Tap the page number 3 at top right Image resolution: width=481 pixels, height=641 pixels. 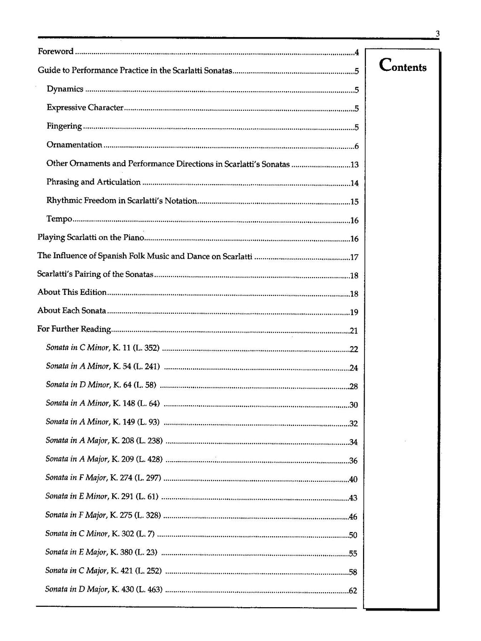pos(437,33)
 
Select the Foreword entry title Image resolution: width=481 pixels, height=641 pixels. pos(55,52)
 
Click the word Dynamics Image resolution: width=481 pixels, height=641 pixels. pos(65,89)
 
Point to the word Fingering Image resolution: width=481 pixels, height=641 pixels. pos(64,126)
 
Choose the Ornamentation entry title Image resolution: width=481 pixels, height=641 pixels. pos(74,145)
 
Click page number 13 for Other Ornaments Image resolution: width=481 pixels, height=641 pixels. pos(355,165)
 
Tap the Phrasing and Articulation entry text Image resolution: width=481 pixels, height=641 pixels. pos(93,182)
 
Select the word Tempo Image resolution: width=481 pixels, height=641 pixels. pos(59,219)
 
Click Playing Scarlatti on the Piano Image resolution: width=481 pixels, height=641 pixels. pos(91,238)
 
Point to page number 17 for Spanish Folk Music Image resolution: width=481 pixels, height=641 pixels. pos(355,257)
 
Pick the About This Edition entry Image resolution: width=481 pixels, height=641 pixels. pos(72,292)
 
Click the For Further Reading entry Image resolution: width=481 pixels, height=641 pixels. pos(74,329)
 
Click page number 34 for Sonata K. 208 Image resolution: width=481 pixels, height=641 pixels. pos(354,442)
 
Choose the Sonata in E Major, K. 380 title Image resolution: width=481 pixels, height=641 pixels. pos(101,552)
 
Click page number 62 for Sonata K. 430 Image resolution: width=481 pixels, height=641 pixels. pos(353,591)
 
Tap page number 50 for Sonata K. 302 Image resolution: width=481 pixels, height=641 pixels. pos(353,535)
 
